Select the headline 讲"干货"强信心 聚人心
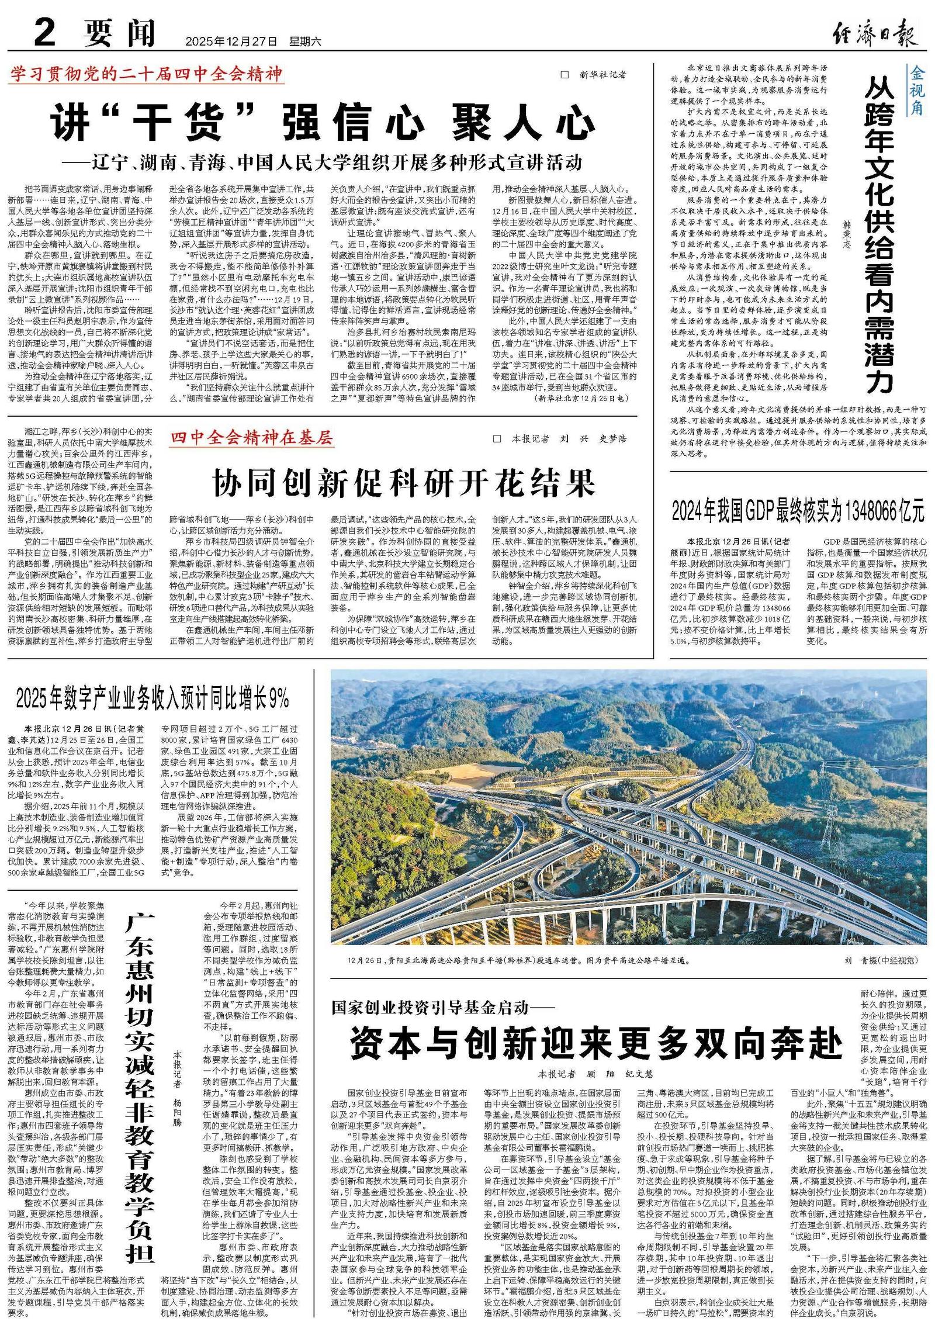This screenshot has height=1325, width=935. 323,122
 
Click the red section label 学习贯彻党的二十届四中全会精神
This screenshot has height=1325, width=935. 146,74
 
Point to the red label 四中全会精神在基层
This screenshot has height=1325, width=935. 252,437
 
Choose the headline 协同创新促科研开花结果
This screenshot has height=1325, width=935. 404,483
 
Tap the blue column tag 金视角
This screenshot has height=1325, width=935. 915,91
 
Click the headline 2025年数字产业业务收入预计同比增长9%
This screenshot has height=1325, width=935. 153,698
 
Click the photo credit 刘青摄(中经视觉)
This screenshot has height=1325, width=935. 881,960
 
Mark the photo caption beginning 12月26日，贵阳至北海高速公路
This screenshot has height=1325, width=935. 518,960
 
